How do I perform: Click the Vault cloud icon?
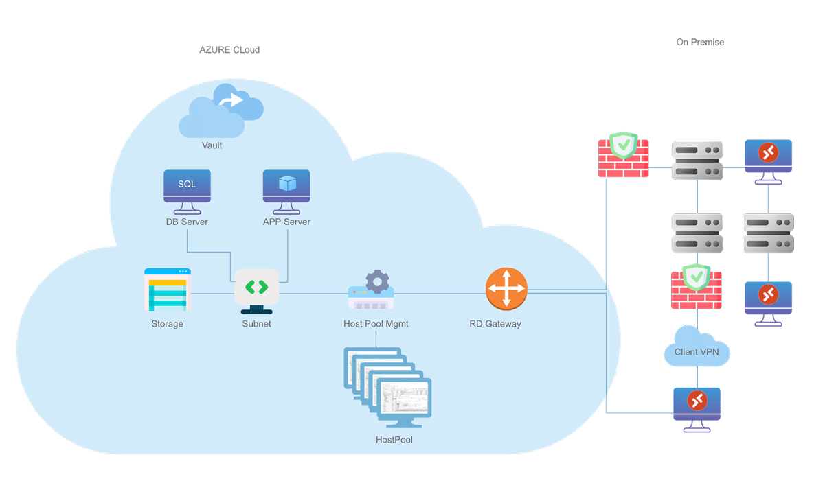pyautogui.click(x=221, y=110)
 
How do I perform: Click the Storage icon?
pyautogui.click(x=167, y=290)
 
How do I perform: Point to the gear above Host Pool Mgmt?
pyautogui.click(x=377, y=281)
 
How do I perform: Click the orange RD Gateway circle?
pyautogui.click(x=506, y=289)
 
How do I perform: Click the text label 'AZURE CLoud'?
pyautogui.click(x=229, y=50)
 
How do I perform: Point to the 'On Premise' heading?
pyautogui.click(x=699, y=43)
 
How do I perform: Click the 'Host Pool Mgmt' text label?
pyautogui.click(x=376, y=324)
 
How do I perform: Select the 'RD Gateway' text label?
pyautogui.click(x=495, y=324)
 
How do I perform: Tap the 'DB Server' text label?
pyautogui.click(x=187, y=222)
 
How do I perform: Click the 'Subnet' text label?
pyautogui.click(x=256, y=324)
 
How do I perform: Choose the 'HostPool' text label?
pyautogui.click(x=394, y=440)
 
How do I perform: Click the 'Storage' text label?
pyautogui.click(x=167, y=324)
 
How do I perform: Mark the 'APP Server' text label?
pyautogui.click(x=286, y=222)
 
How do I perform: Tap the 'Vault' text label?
pyautogui.click(x=212, y=145)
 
